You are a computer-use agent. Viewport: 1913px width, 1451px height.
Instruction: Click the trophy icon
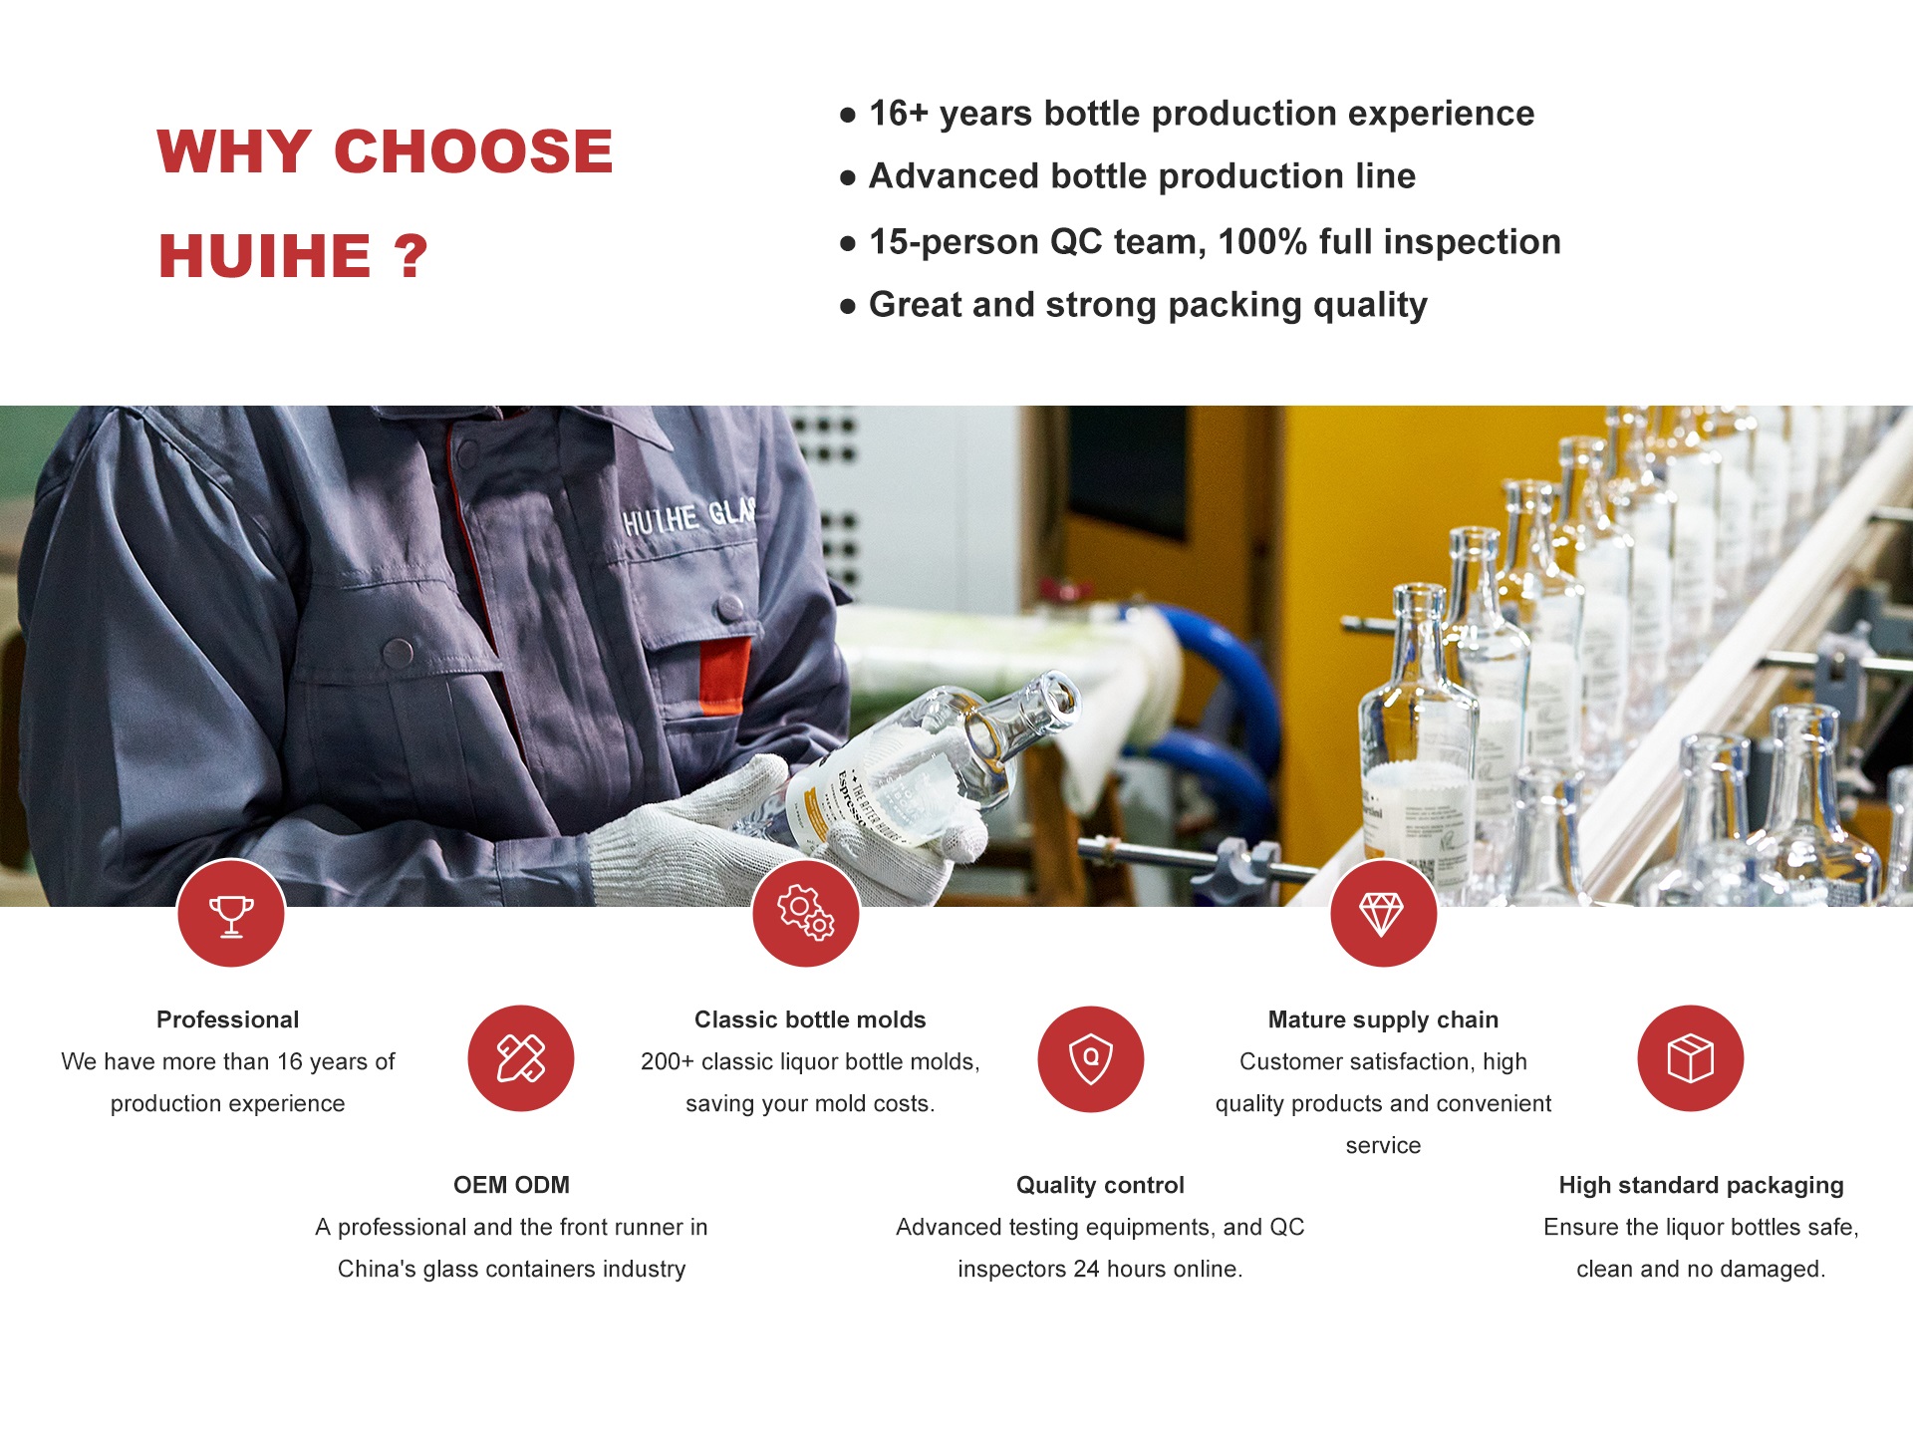[231, 914]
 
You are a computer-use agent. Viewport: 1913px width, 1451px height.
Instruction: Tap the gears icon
[805, 914]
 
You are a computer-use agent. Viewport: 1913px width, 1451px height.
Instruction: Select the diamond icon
[1383, 914]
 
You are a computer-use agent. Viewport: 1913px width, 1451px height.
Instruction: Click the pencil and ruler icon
[521, 1058]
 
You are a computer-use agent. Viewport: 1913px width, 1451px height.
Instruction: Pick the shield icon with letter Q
[1091, 1058]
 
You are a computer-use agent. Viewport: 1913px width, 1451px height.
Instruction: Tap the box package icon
[1690, 1058]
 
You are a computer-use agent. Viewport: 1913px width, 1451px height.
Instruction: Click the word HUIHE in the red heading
[265, 256]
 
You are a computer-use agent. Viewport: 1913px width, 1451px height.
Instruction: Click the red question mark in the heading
[410, 256]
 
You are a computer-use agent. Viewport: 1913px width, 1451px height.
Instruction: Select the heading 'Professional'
[227, 1019]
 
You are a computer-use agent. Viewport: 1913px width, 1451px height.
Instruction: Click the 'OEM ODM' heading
[511, 1185]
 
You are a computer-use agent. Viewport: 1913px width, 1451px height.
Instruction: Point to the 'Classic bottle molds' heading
[810, 1019]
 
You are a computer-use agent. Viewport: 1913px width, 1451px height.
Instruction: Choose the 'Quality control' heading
[1100, 1185]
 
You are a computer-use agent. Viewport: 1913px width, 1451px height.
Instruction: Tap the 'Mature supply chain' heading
[1383, 1019]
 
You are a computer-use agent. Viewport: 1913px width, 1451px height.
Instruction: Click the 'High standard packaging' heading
[1701, 1185]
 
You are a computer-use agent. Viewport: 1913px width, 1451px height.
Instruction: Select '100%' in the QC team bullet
[1262, 242]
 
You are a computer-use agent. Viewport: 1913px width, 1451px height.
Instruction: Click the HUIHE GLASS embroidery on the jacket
[687, 516]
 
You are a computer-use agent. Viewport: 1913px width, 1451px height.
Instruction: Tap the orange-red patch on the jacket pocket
[724, 676]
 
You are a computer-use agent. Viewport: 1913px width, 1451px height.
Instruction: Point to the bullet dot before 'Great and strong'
[848, 306]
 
